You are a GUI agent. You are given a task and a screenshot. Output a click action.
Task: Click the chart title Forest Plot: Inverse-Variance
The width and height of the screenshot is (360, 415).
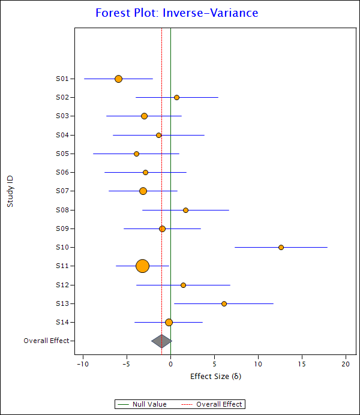tap(177, 13)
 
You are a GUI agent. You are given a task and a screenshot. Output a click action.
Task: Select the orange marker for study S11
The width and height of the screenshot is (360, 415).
tap(142, 266)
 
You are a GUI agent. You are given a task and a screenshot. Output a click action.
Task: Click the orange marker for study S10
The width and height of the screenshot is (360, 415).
tap(281, 247)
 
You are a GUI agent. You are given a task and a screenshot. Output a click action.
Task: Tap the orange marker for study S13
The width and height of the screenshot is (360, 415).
tap(224, 303)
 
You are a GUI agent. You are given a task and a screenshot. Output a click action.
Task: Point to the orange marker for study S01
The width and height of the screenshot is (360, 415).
tap(118, 79)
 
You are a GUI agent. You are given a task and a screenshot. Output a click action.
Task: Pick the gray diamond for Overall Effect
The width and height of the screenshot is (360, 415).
tap(161, 341)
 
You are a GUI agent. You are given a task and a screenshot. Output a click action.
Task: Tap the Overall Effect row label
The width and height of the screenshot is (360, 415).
tap(46, 341)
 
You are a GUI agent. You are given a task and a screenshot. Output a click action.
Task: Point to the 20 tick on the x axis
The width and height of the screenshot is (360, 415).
tap(346, 364)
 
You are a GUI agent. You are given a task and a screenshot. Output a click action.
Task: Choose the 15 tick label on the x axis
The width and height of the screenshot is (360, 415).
tap(302, 364)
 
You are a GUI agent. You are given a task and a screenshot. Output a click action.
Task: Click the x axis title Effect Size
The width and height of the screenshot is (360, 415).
tap(215, 377)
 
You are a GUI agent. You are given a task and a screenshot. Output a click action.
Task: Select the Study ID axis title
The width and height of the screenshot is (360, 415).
tap(10, 191)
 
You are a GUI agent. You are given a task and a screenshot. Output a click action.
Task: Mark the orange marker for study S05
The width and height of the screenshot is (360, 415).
tap(136, 154)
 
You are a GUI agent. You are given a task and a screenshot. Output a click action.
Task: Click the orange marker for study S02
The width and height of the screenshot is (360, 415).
tap(176, 97)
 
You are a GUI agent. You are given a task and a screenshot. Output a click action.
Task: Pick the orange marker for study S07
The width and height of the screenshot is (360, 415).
tap(143, 191)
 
